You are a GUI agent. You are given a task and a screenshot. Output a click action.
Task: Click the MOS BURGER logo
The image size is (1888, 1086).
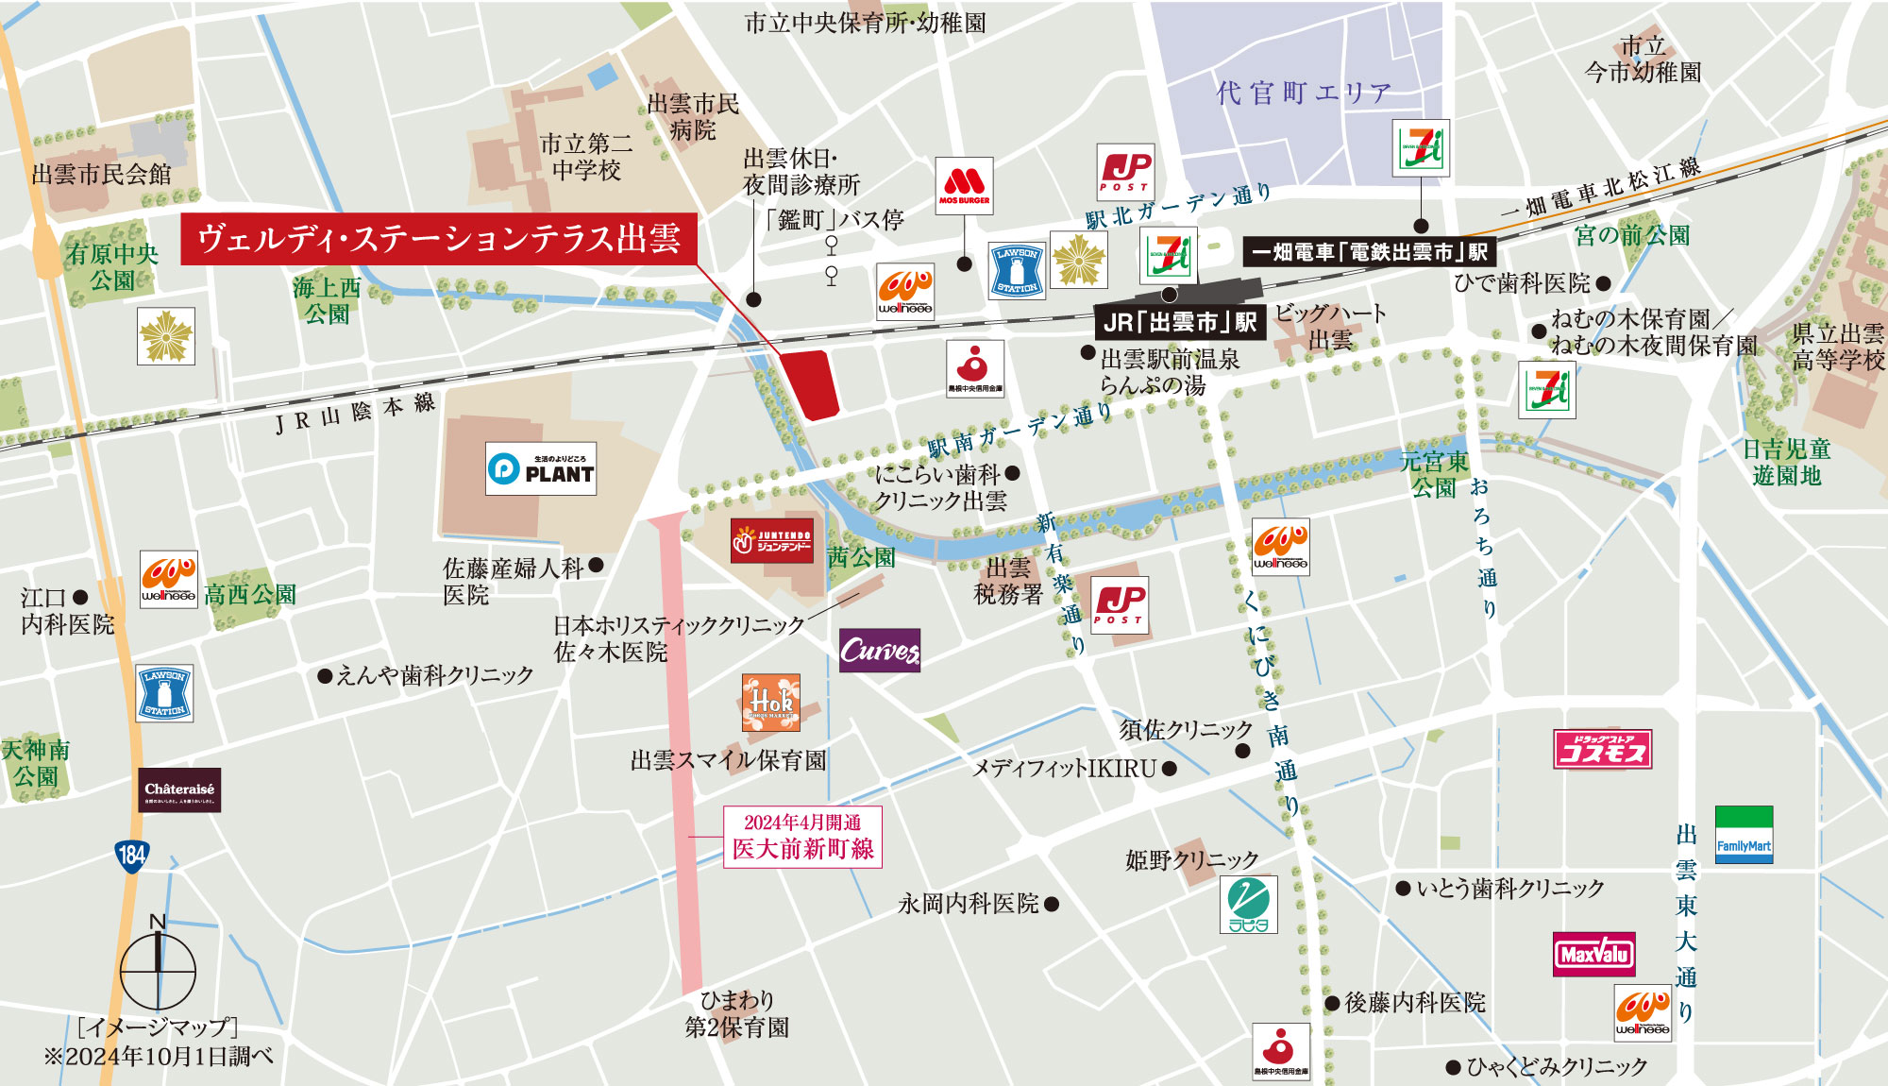(x=964, y=186)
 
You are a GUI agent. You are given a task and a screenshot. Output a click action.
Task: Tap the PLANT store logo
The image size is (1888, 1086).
(x=541, y=468)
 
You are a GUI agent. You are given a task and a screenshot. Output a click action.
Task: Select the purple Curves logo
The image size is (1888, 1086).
(x=879, y=651)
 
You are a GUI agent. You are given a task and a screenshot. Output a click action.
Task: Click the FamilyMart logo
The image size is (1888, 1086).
(x=1744, y=835)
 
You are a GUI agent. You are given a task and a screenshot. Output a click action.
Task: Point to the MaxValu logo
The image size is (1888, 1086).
(x=1594, y=954)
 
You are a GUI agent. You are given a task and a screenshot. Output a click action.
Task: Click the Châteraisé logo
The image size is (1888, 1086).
(x=179, y=790)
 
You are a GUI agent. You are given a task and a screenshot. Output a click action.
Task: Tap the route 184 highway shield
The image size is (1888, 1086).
(x=131, y=856)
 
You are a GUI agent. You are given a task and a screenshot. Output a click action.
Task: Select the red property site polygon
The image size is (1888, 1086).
(x=815, y=383)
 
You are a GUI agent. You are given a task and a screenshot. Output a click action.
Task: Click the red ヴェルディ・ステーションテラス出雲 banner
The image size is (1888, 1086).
(x=439, y=239)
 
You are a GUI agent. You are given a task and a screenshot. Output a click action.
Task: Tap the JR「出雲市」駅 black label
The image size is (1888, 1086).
(x=1179, y=322)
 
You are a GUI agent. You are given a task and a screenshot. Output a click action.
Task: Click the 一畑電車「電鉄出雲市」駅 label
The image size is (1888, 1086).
(x=1369, y=252)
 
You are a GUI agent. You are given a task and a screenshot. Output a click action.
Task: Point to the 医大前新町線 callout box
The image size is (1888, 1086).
(x=802, y=837)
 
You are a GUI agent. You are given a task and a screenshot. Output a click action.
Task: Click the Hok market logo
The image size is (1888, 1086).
(x=771, y=703)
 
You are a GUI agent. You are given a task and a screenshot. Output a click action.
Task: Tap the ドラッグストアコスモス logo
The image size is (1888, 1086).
(x=1602, y=750)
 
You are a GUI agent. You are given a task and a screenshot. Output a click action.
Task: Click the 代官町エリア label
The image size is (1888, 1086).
(x=1303, y=93)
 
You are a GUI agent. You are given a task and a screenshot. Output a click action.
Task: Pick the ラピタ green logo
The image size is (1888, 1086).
(x=1248, y=905)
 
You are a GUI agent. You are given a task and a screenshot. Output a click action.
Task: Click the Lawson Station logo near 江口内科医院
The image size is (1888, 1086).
(x=164, y=693)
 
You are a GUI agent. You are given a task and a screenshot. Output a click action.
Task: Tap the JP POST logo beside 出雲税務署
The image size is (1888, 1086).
(x=1120, y=605)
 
